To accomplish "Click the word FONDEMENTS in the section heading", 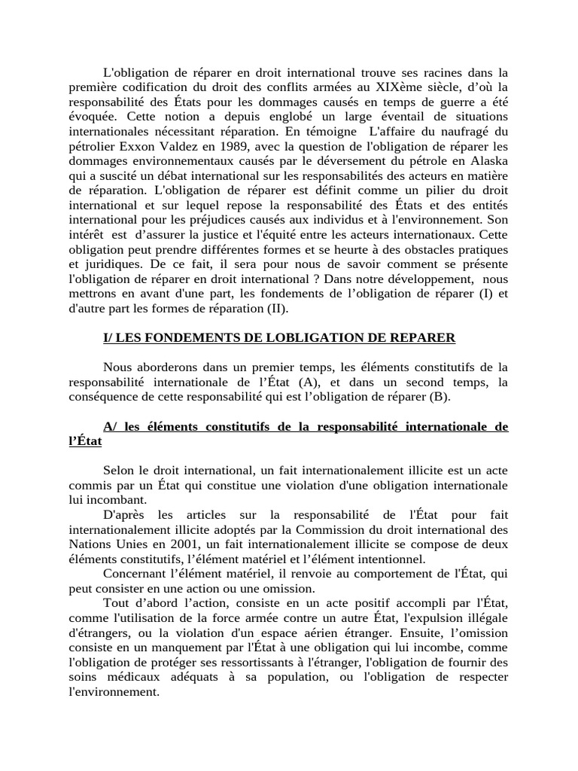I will click(188, 338).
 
